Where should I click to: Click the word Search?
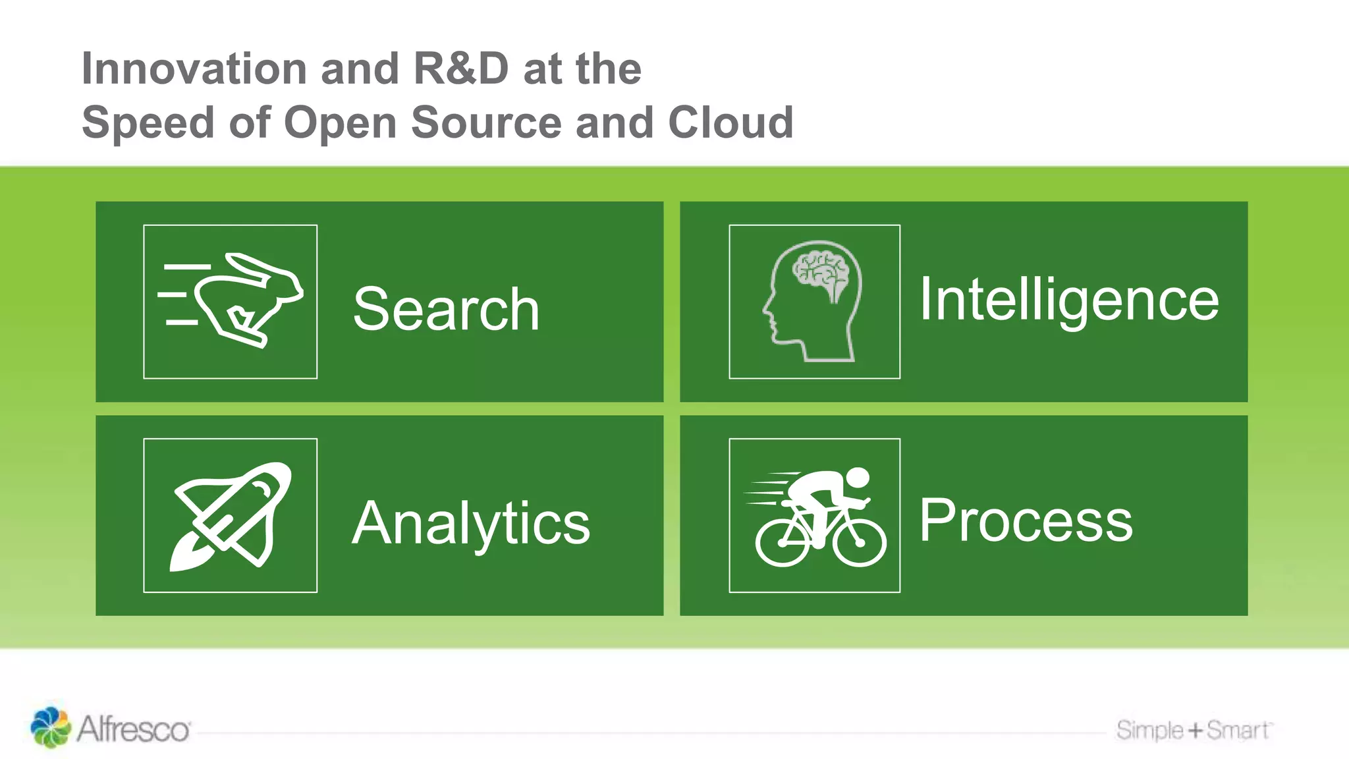pos(446,309)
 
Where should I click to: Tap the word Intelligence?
pos(1068,300)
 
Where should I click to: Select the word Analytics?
pos(470,523)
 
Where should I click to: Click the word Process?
pos(1026,520)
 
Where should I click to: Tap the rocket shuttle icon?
pos(231,515)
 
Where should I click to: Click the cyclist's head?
pos(858,477)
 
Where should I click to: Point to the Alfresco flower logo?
pos(50,727)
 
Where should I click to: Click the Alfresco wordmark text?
pos(134,730)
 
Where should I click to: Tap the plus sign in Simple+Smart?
pos(1195,730)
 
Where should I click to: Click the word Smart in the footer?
pos(1237,730)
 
